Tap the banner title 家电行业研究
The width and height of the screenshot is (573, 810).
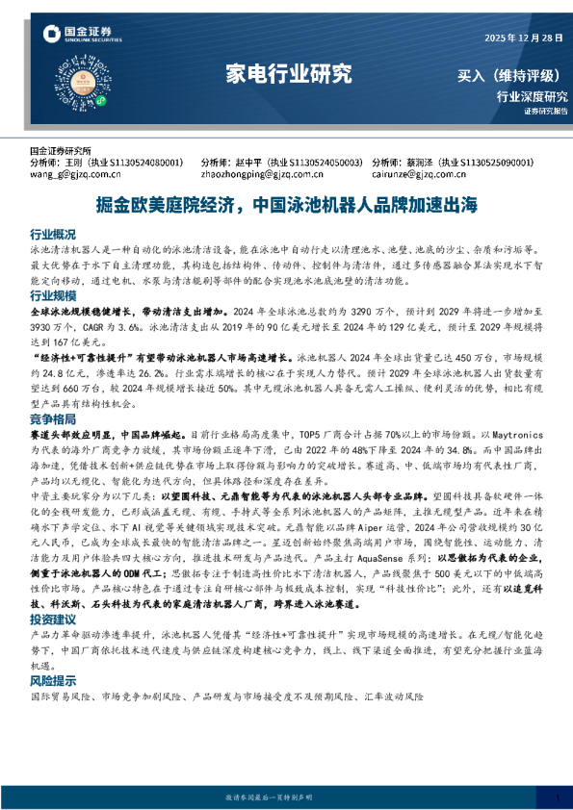click(x=286, y=74)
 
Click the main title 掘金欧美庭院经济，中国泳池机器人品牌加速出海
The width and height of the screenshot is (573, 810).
click(x=287, y=205)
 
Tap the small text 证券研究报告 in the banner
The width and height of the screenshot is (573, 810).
click(x=546, y=112)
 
